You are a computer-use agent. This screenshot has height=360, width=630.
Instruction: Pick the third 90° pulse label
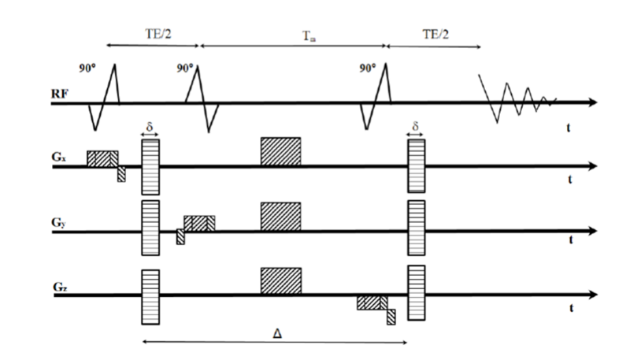coord(367,69)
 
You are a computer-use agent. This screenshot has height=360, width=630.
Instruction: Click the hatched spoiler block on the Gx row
coord(280,151)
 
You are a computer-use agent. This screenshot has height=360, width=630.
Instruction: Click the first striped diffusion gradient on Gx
coord(150,166)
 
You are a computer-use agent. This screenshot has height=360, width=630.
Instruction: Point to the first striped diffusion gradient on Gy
coord(150,228)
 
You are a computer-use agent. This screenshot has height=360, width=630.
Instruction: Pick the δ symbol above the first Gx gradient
coord(150,126)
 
